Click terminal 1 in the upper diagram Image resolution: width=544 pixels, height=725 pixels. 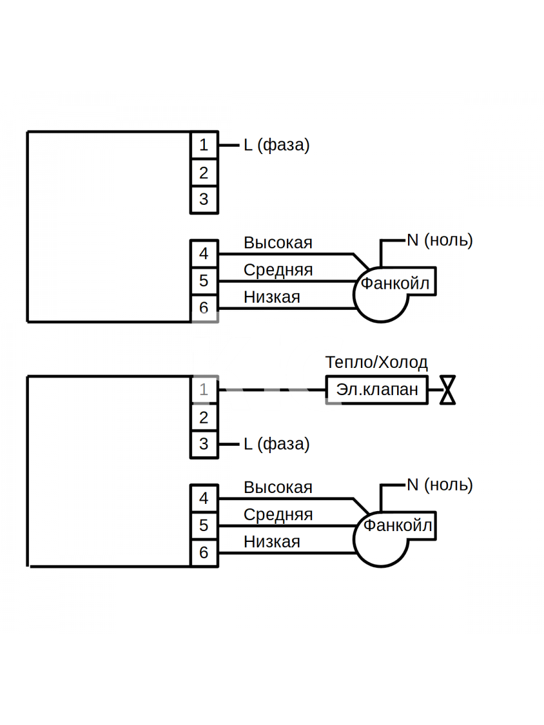click(x=204, y=145)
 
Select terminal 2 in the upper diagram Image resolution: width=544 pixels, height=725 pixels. click(x=204, y=173)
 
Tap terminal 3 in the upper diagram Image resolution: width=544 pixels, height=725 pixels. click(x=204, y=200)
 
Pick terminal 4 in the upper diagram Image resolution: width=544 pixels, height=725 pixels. click(x=204, y=254)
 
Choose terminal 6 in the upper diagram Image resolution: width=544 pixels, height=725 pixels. click(x=204, y=308)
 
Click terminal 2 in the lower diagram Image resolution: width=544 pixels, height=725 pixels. click(x=204, y=417)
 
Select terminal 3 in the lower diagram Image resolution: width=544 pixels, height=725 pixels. click(x=204, y=445)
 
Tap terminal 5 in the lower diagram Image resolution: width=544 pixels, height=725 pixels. click(x=204, y=525)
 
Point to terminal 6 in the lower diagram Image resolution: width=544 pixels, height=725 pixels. click(x=204, y=553)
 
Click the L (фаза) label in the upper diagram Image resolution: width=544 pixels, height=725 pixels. click(x=276, y=146)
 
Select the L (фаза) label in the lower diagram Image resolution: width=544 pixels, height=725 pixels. click(x=276, y=444)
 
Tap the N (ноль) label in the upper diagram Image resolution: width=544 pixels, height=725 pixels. click(x=440, y=240)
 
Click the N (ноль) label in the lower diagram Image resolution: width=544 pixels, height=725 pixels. click(x=440, y=485)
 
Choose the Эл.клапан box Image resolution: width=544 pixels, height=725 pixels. click(x=377, y=390)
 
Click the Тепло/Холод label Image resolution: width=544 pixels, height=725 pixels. click(x=377, y=362)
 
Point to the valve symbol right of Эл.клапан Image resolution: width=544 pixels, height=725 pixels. click(x=447, y=390)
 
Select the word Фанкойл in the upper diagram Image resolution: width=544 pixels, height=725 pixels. click(x=395, y=283)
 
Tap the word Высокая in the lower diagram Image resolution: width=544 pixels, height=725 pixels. click(x=278, y=488)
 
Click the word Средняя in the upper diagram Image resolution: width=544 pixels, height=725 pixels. click(x=278, y=270)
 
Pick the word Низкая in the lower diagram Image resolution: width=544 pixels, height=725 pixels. click(x=272, y=542)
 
